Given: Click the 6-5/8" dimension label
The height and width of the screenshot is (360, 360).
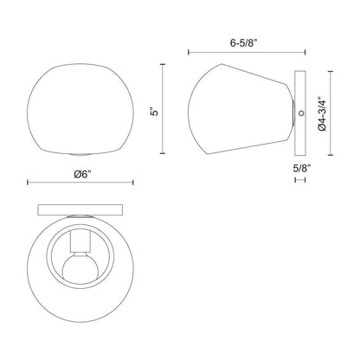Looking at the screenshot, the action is (243, 43).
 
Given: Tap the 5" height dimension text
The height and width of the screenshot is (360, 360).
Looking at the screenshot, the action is (155, 112).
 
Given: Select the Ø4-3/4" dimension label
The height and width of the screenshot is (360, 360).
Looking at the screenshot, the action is (322, 114).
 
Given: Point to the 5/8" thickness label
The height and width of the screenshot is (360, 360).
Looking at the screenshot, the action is (302, 169).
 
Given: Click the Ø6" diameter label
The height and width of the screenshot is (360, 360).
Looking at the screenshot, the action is (82, 175).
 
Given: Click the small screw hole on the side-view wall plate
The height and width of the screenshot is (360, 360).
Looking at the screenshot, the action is (301, 113).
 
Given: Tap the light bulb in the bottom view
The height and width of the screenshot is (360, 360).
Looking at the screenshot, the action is (81, 267).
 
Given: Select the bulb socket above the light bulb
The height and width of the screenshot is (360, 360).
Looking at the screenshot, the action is (81, 241).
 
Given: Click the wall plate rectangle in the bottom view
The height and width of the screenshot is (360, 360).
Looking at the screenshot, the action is (80, 210).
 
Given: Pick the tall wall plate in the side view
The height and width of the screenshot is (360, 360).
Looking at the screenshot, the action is (300, 112).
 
